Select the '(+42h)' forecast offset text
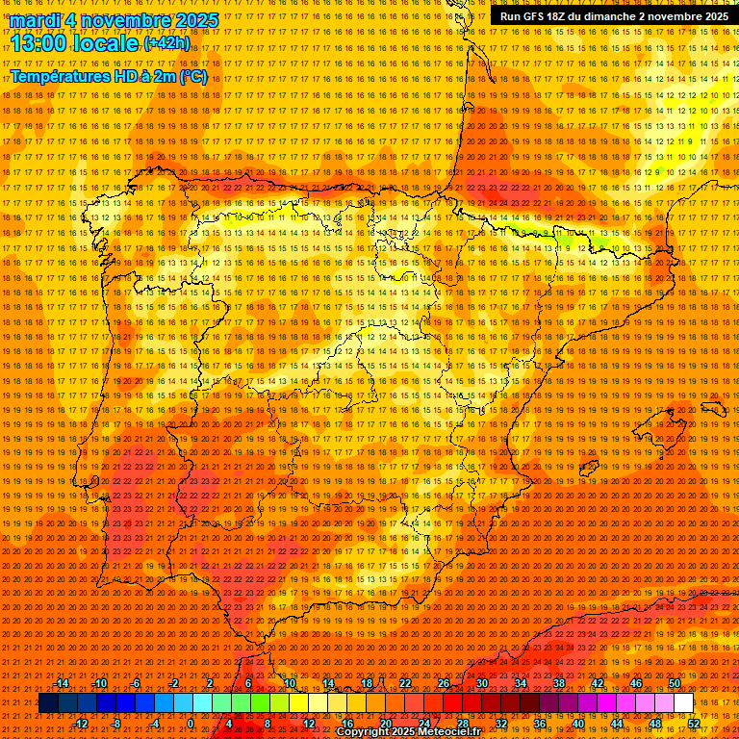click(166, 43)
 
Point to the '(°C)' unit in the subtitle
click(192, 76)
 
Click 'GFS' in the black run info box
click(541, 16)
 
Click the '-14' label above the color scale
click(62, 683)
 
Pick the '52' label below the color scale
click(694, 724)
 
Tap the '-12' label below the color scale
click(80, 724)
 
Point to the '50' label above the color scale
click(674, 683)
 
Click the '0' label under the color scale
click(191, 724)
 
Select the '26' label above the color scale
click(444, 683)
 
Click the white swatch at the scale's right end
click(683, 703)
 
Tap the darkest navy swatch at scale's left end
click(47, 703)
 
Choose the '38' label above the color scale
click(558, 683)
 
